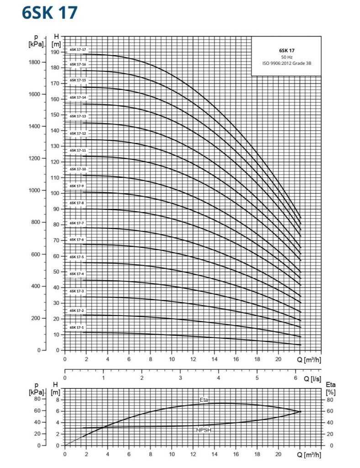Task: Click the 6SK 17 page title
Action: click(50, 13)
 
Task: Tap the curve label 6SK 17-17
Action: click(78, 49)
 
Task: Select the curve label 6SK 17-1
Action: click(77, 328)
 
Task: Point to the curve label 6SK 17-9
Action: click(77, 186)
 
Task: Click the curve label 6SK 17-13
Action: click(78, 116)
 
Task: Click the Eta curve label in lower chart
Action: click(204, 400)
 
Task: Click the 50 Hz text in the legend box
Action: click(286, 57)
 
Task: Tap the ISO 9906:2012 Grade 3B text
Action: click(286, 63)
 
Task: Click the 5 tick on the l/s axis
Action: click(257, 378)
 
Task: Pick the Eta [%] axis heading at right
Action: click(331, 388)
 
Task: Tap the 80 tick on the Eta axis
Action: click(330, 399)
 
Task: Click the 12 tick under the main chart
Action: click(193, 360)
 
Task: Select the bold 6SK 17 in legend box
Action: click(286, 50)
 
